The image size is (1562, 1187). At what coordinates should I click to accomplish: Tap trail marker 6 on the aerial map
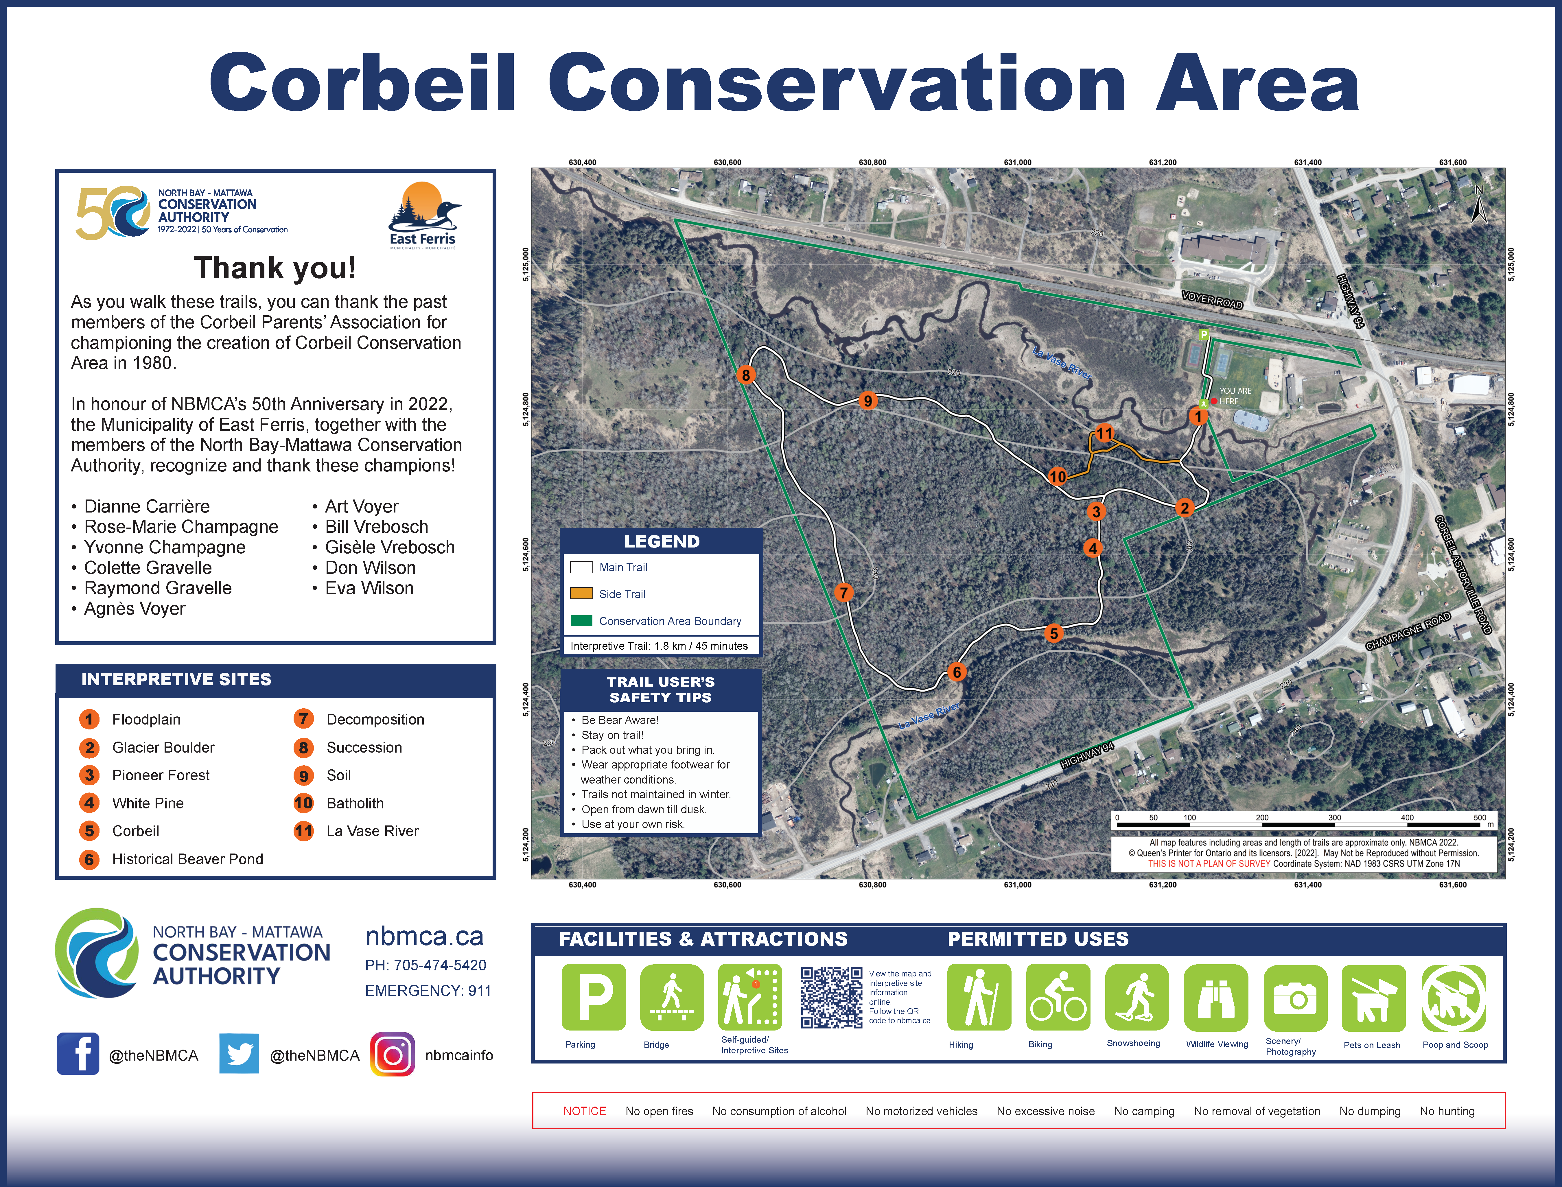pos(957,672)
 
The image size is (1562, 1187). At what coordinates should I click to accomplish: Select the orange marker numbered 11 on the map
pos(1104,433)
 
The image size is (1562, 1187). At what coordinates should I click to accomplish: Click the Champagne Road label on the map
pos(1408,631)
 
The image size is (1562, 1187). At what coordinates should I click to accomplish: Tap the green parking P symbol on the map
pos(1204,334)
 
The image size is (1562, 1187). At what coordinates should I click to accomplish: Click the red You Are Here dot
pos(1214,401)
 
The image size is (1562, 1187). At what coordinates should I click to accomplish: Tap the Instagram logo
pos(393,1054)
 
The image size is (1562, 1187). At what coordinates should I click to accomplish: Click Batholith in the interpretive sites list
pos(355,803)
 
